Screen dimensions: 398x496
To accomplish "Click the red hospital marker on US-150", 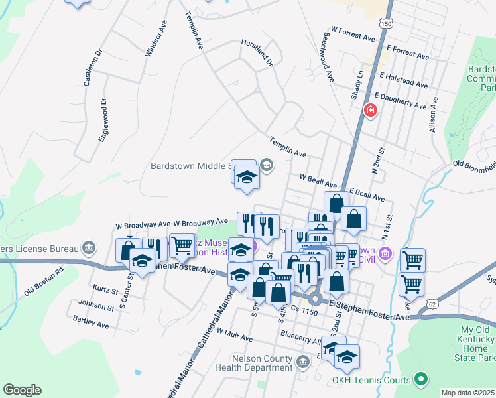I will pyautogui.click(x=369, y=111).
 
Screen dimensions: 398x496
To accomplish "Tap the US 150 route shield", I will pyautogui.click(x=386, y=23).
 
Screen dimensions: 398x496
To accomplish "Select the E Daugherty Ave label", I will pyautogui.click(x=401, y=101).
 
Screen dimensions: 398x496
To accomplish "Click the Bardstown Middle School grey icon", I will pyautogui.click(x=266, y=165).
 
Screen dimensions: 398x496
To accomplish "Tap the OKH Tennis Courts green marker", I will pyautogui.click(x=419, y=379).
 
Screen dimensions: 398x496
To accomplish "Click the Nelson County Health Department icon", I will pyautogui.click(x=303, y=362).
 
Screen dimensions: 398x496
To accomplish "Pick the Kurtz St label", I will pyautogui.click(x=105, y=291).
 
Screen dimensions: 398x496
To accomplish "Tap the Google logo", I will pyautogui.click(x=22, y=389).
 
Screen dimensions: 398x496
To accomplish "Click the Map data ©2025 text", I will pyautogui.click(x=467, y=393).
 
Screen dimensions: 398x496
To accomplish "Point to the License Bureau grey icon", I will pyautogui.click(x=89, y=249).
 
